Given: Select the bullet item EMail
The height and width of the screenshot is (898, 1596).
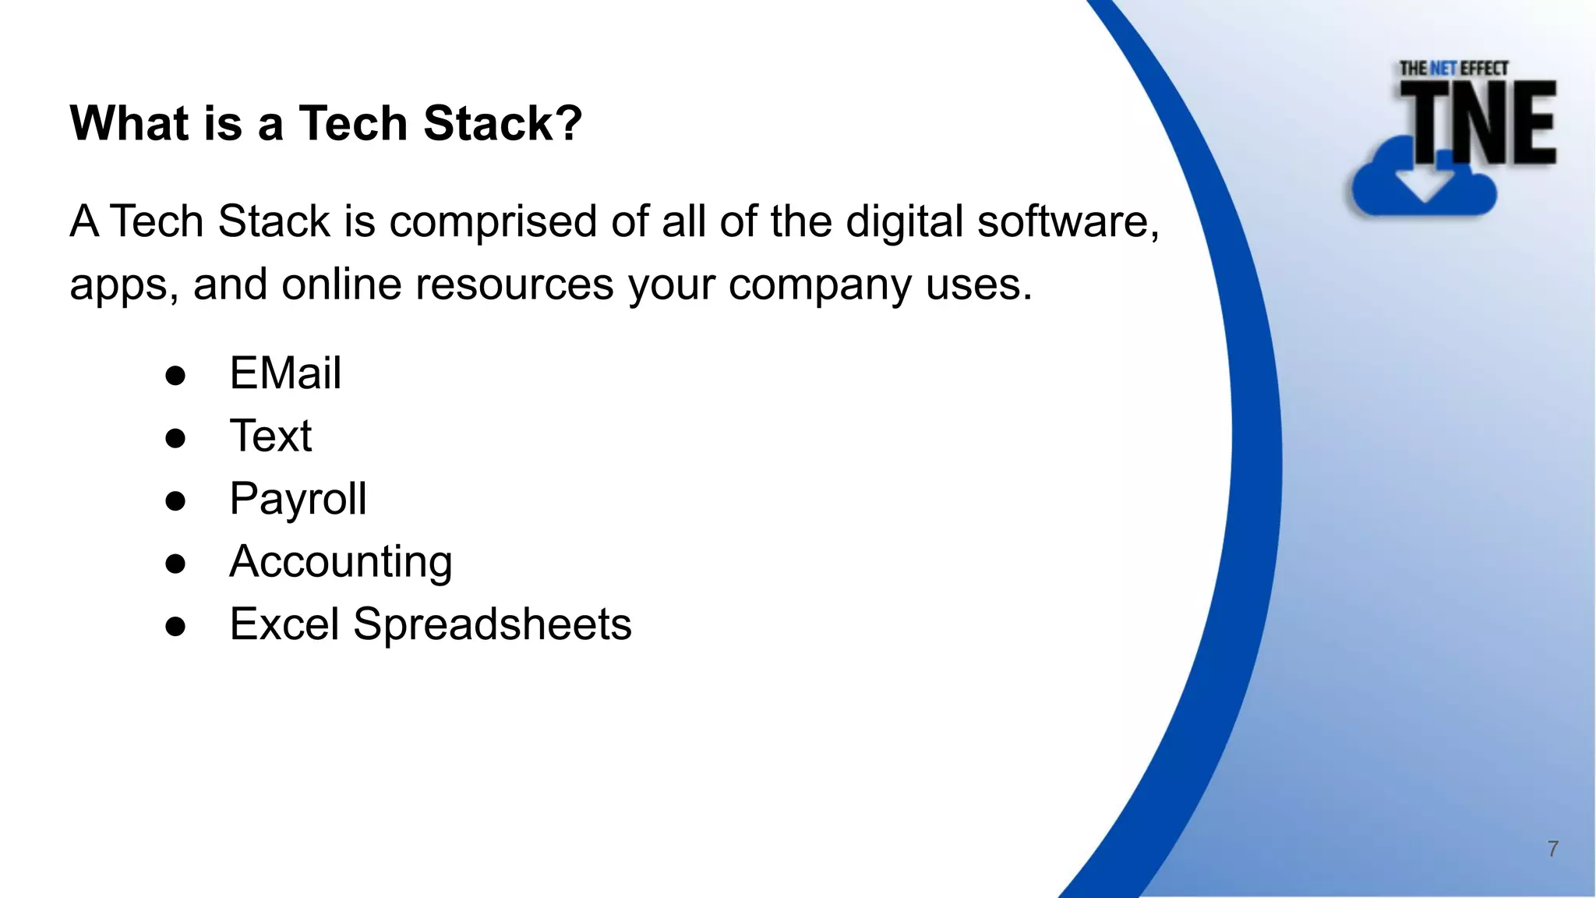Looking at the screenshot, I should pos(285,373).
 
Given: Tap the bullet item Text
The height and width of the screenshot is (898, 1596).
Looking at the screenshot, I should pos(270,436).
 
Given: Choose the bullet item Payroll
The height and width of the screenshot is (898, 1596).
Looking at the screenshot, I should pos(298,499).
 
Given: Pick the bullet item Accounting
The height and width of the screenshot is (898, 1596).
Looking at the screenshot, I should pos(341,562).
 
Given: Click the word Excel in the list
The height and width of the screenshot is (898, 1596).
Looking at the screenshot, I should pos(284,624).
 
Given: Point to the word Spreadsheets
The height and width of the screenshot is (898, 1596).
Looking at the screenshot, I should pos(492,624).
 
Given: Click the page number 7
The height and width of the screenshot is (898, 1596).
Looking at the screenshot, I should pos(1552,849).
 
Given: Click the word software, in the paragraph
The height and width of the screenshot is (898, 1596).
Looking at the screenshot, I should pos(1068,222).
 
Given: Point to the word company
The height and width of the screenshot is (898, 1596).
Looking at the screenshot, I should pos(820,285).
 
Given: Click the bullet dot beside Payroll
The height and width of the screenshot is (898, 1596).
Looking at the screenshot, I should pos(175,500).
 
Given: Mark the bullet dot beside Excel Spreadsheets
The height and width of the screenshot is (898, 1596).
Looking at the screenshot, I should pos(175,626).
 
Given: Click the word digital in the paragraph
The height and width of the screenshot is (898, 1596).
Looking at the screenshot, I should pos(905,222).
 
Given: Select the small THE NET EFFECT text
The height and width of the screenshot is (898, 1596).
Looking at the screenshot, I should pos(1453,69).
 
